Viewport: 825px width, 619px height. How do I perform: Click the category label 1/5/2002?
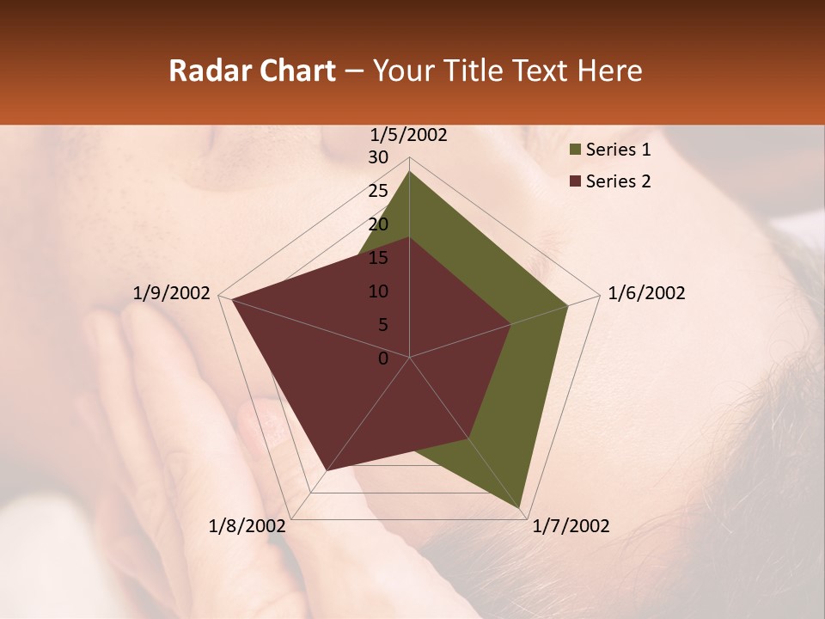click(x=408, y=135)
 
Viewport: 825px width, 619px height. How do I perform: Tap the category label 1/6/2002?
click(x=646, y=293)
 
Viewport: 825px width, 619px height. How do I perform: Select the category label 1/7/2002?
click(x=571, y=526)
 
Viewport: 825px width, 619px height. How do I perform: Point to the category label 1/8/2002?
click(x=247, y=526)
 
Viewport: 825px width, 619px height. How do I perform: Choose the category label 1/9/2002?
click(x=172, y=293)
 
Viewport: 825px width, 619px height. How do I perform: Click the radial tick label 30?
click(x=378, y=157)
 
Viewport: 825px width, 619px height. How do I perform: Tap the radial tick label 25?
click(x=378, y=191)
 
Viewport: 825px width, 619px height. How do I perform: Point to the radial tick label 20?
click(x=378, y=224)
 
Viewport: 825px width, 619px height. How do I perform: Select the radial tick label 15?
click(x=378, y=258)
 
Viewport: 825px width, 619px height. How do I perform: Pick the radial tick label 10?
click(x=378, y=291)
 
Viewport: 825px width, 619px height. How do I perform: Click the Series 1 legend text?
click(x=618, y=150)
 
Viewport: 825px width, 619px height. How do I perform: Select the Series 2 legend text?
click(x=618, y=181)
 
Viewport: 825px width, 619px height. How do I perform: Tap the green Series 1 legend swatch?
click(x=575, y=150)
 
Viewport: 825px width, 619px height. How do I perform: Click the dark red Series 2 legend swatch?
click(x=575, y=182)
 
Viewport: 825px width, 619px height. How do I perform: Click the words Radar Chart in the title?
click(x=252, y=70)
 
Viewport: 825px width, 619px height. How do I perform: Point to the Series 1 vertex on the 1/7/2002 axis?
click(x=520, y=507)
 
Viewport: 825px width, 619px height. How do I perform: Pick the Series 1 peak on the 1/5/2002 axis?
click(x=409, y=171)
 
